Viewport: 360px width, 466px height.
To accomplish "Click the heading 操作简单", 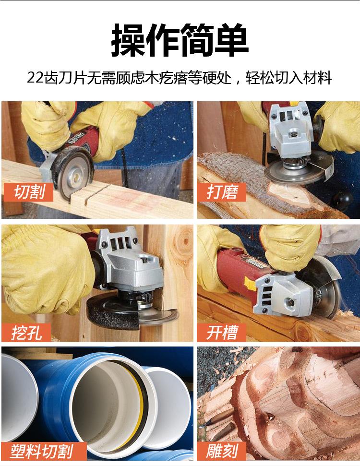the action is click(x=180, y=40).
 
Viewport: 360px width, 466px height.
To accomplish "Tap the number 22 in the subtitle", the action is click(x=36, y=78).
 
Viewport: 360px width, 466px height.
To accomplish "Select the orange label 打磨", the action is click(x=222, y=191).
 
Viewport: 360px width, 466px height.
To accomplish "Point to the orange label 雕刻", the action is click(x=222, y=451).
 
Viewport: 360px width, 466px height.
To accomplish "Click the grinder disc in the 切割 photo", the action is click(x=73, y=175).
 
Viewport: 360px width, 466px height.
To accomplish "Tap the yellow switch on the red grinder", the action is click(x=250, y=283).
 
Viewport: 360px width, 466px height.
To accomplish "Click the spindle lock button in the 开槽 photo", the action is click(x=289, y=303).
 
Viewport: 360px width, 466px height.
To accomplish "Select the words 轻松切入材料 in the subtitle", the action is click(x=288, y=78).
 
